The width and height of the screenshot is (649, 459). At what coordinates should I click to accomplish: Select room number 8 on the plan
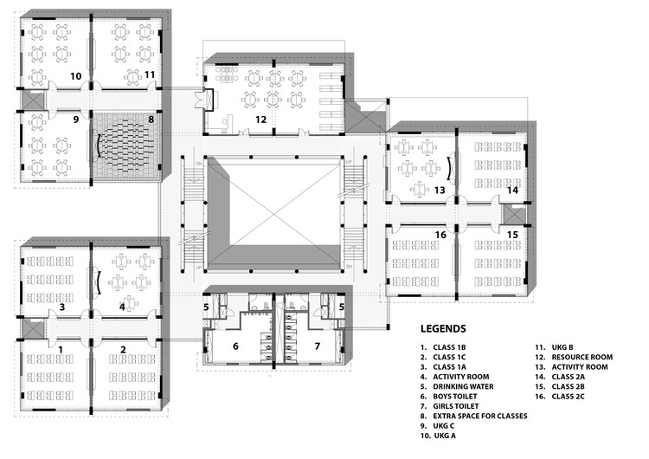[151, 119]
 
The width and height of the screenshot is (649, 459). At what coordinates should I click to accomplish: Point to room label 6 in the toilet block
[235, 346]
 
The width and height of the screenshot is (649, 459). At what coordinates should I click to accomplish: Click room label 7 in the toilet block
[318, 346]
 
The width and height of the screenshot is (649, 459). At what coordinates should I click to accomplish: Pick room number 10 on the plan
[76, 76]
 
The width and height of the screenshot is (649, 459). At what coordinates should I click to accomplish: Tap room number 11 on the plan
[150, 75]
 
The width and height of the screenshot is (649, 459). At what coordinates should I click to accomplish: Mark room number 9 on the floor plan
[75, 119]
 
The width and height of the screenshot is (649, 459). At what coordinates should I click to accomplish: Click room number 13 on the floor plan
[439, 189]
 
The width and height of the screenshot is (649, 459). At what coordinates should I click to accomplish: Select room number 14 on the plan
[512, 189]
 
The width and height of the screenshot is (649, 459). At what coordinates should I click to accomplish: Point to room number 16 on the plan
[440, 235]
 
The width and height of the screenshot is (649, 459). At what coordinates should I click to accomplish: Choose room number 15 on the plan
[512, 235]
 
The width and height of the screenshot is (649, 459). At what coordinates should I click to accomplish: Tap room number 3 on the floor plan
[61, 307]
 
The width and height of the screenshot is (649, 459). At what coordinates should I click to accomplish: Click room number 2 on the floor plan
[123, 349]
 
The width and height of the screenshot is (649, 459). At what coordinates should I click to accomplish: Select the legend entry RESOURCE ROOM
[583, 356]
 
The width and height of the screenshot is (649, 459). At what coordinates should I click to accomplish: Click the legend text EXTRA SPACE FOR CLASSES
[479, 415]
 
